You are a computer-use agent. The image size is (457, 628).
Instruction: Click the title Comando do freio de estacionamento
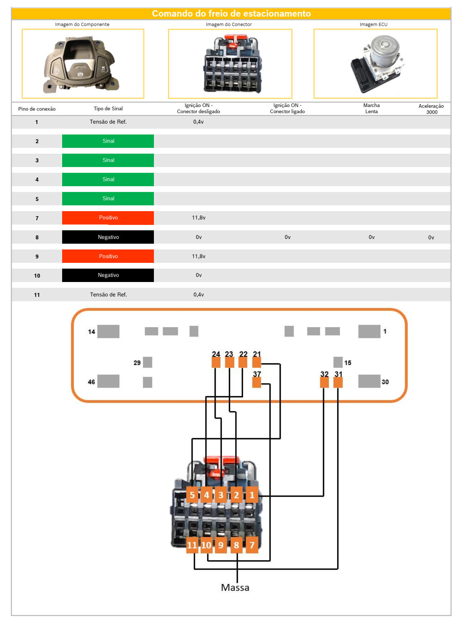pos(231,13)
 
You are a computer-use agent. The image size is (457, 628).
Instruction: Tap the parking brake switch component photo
pos(81,64)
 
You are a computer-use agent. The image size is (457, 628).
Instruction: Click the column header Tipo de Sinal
pos(108,108)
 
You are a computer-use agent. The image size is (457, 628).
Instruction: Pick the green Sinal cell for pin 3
pos(108,160)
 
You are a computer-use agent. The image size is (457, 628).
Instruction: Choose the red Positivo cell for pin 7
pos(108,218)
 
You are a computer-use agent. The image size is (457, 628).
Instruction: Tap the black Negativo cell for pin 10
pos(108,275)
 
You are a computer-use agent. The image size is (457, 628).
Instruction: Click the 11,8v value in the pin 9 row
pos(198,256)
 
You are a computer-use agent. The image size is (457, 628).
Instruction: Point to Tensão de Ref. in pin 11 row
pos(108,295)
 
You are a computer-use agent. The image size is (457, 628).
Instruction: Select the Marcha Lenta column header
pos(371,108)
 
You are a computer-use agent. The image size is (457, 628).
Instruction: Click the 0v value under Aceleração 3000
pos(431,238)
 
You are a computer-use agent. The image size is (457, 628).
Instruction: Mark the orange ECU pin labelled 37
pos(256,382)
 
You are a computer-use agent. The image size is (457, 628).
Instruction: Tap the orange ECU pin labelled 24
pos(216,362)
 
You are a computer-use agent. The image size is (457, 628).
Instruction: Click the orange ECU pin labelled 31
pos(338,382)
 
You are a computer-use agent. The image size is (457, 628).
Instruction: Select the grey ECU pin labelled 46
pos(108,381)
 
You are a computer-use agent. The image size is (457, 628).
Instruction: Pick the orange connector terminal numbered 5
pos(192,495)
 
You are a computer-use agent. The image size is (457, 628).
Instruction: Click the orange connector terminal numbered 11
pos(192,545)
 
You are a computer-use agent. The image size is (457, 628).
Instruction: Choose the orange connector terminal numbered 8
pos(236,545)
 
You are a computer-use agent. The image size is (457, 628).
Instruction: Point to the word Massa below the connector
pos(235,588)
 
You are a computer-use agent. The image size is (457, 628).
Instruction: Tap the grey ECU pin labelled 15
pos(338,362)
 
